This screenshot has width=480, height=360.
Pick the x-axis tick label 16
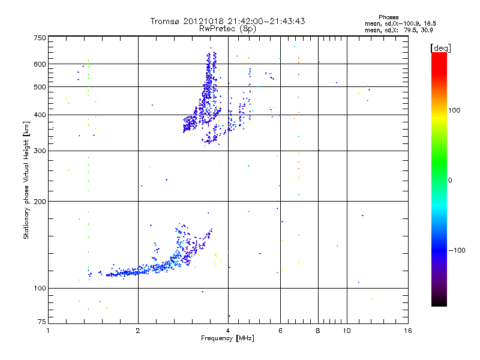[x=407, y=331]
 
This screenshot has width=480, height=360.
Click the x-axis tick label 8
[x=319, y=331]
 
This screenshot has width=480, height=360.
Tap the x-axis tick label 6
[x=280, y=331]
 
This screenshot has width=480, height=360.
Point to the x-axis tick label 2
[x=138, y=331]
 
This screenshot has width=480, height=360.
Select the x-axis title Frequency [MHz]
[x=228, y=338]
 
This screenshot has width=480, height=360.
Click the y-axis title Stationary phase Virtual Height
[x=26, y=179]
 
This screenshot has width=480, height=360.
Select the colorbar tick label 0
[x=451, y=180]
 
